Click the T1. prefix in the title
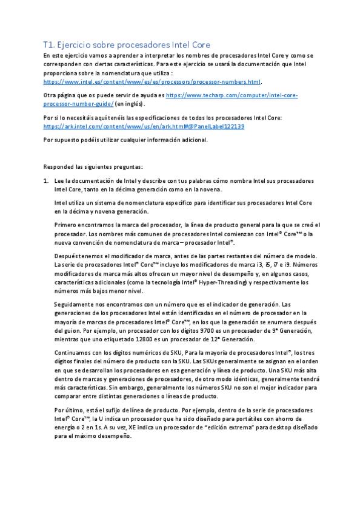coord(49,44)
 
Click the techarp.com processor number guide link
coord(230,95)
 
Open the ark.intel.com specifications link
coord(144,126)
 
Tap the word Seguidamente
coord(73,303)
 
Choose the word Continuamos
coord(73,353)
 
